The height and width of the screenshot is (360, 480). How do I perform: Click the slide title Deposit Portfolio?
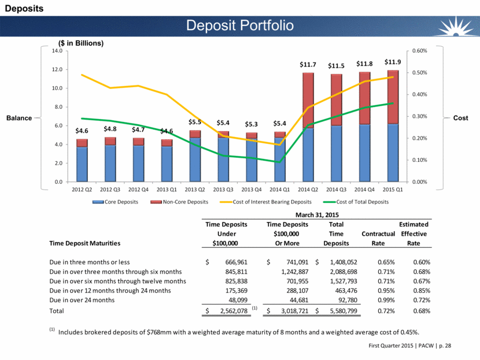tap(239, 25)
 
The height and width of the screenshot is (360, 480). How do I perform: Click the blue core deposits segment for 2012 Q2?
tap(82, 164)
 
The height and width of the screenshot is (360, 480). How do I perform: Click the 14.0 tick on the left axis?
tap(57, 51)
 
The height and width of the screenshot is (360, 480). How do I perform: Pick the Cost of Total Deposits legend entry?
tap(363, 202)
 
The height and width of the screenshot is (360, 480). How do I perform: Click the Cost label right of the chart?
tap(461, 118)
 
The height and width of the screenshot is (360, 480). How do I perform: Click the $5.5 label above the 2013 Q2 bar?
tap(195, 123)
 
